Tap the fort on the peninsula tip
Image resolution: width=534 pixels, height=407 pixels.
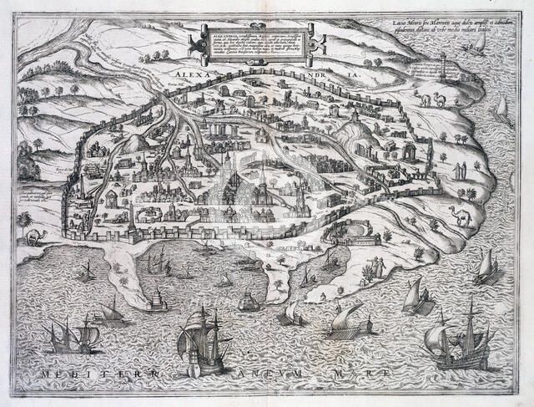click(x=159, y=301)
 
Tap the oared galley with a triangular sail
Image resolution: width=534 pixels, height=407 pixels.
click(x=350, y=322)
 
